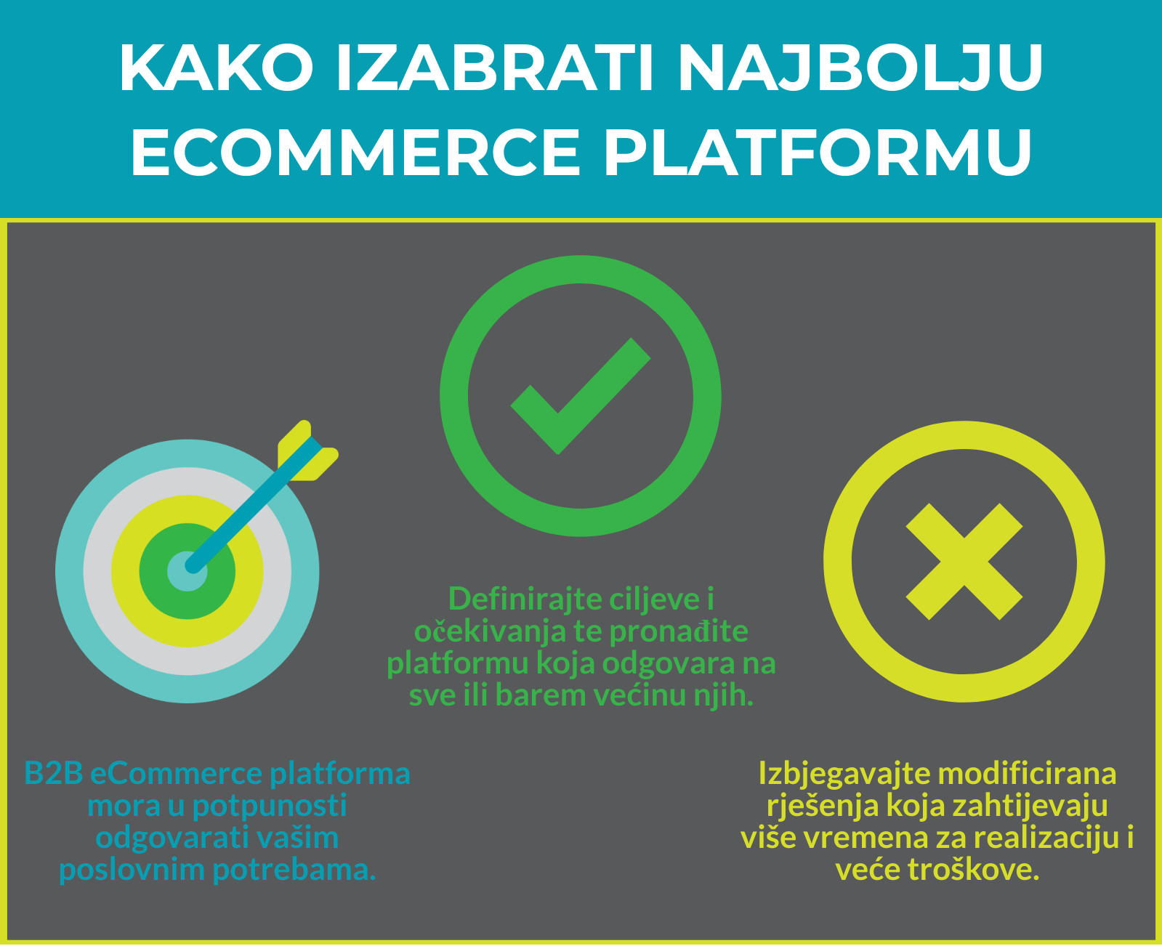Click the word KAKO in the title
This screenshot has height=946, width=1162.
tap(216, 68)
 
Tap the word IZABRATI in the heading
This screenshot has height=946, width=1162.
tap(494, 68)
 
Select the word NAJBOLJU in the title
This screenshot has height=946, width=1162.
tap(860, 68)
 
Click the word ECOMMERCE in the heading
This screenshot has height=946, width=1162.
tap(355, 152)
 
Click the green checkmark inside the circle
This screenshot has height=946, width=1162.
tap(581, 396)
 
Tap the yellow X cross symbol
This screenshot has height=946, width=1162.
tap(964, 562)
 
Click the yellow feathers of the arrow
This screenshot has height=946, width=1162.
tap(308, 451)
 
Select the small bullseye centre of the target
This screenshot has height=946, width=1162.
tap(187, 571)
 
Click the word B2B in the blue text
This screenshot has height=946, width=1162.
tap(54, 774)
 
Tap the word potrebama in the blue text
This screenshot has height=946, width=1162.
tap(294, 870)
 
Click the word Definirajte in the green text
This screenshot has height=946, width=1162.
tap(525, 599)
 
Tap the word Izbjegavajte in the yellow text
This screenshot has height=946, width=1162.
tap(844, 774)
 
